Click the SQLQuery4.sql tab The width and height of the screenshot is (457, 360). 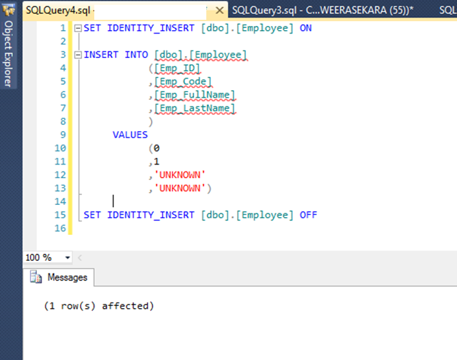point(59,10)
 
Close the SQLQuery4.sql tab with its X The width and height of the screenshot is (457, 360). point(219,11)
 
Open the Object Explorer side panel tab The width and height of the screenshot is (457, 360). point(8,53)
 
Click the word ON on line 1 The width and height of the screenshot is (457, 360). point(305,28)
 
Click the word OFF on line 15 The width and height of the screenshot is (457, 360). point(308,214)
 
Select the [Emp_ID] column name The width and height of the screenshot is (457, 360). point(177,68)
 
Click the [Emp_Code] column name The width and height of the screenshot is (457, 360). point(182,81)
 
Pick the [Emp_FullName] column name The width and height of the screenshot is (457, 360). point(194,95)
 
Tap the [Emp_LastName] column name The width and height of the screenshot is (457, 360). point(194,108)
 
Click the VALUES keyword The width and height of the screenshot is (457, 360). point(130,135)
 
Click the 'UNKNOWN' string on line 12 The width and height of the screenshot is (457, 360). point(180,175)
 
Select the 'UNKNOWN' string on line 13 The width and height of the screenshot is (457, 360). point(180,188)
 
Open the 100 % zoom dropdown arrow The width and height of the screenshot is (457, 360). point(68,258)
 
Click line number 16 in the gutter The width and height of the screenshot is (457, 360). point(61,228)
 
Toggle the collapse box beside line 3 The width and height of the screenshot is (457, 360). point(77,55)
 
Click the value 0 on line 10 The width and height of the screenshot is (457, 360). point(156,148)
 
